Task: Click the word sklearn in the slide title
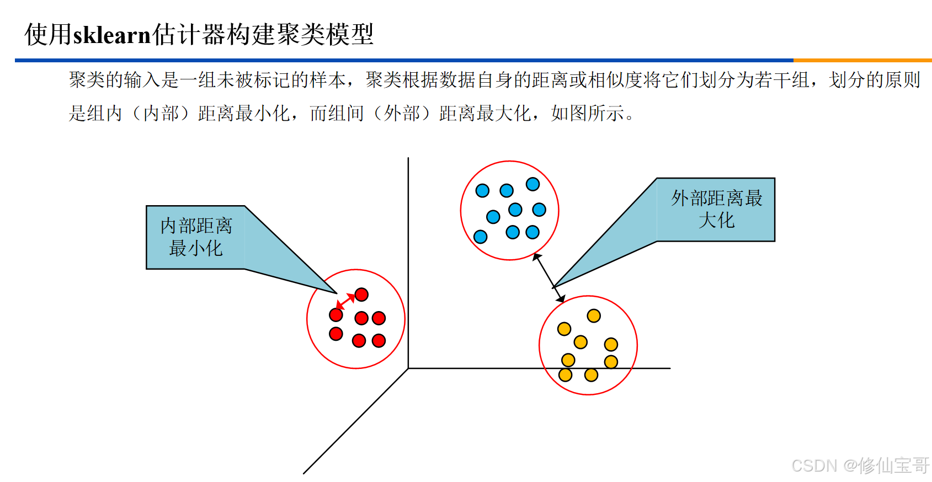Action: click(112, 35)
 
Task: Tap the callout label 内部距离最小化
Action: click(196, 237)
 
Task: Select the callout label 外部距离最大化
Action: click(716, 209)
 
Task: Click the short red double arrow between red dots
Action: click(346, 301)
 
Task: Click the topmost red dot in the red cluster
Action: click(361, 294)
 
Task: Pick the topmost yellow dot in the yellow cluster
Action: click(594, 316)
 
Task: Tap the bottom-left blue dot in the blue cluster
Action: click(481, 237)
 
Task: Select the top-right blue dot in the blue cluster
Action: click(532, 184)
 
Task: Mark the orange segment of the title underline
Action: click(862, 60)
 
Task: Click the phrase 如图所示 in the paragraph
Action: click(587, 113)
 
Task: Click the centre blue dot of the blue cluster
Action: click(515, 210)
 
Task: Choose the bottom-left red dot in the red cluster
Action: click(336, 334)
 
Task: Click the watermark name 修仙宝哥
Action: click(894, 465)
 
